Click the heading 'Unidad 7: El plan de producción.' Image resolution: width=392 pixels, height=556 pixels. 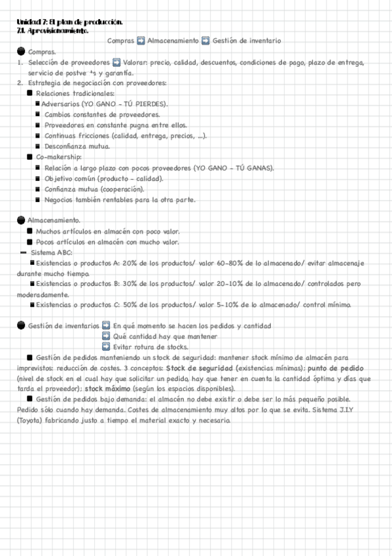click(x=60, y=22)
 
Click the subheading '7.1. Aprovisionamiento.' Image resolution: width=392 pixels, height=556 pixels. click(x=53, y=31)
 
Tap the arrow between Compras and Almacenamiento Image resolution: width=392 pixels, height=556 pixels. click(x=141, y=41)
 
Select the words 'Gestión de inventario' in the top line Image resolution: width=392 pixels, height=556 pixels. click(x=247, y=41)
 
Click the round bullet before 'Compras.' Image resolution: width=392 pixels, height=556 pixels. click(x=22, y=52)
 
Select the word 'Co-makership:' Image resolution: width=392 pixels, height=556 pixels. click(x=59, y=157)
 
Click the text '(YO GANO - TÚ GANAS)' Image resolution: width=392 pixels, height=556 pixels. click(x=234, y=168)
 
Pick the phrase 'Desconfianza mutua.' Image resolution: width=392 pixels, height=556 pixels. click(x=72, y=146)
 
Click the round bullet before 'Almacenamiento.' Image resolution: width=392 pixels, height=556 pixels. click(x=22, y=220)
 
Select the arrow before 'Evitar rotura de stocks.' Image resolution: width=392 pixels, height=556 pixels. click(x=106, y=347)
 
